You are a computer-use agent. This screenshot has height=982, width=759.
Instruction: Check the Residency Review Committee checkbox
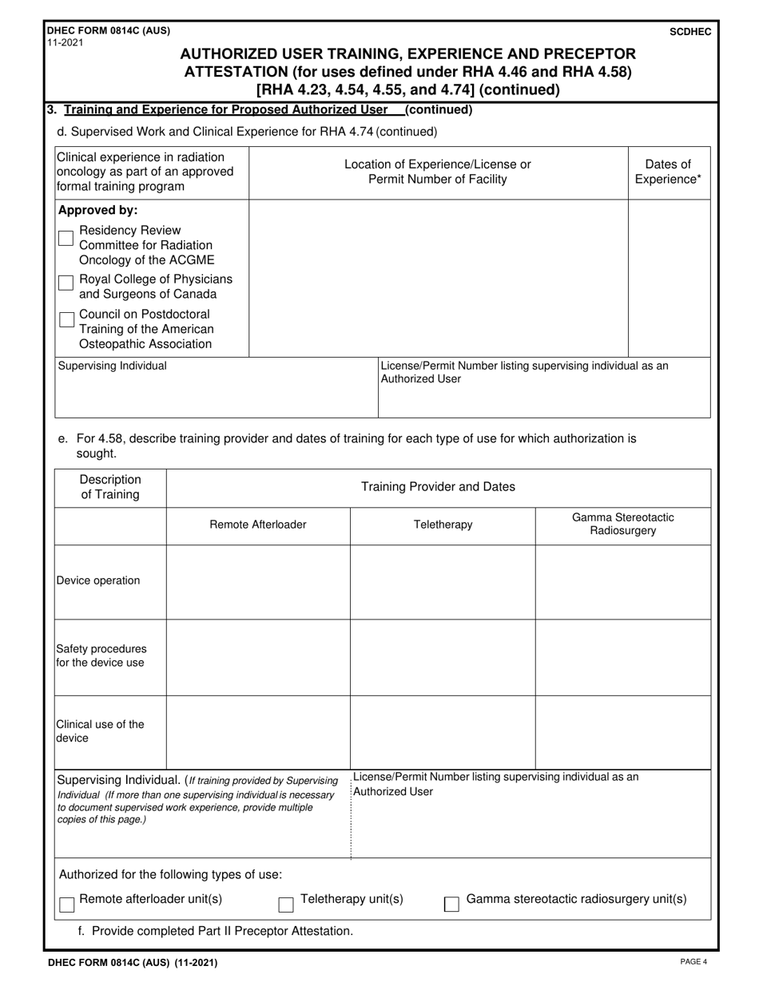(66, 238)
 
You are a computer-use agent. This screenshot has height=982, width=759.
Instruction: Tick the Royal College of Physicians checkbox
(66, 283)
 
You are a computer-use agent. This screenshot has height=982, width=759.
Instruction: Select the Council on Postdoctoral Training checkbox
(66, 319)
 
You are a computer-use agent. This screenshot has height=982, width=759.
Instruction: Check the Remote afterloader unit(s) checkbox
(67, 905)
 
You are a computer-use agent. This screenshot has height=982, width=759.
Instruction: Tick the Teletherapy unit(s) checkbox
(285, 905)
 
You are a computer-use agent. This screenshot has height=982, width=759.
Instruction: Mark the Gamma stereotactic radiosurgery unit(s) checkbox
(451, 905)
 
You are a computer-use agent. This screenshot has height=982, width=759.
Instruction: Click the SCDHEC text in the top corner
(693, 31)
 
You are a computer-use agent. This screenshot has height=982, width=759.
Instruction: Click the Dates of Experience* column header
(668, 172)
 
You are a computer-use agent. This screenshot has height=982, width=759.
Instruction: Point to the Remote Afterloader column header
(258, 525)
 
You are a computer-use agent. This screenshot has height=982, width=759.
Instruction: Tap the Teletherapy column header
(443, 525)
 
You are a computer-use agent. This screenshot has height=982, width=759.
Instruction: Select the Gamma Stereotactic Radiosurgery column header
(622, 525)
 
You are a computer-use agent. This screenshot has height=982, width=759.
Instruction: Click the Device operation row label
(98, 580)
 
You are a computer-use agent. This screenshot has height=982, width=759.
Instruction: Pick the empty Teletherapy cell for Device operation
(443, 582)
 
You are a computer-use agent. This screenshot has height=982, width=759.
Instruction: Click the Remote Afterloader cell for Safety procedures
(258, 657)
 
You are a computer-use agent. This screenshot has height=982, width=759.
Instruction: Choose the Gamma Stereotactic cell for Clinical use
(622, 732)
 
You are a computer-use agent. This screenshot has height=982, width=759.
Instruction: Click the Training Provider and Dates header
(438, 486)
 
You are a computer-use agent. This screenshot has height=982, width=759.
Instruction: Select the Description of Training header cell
(110, 487)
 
